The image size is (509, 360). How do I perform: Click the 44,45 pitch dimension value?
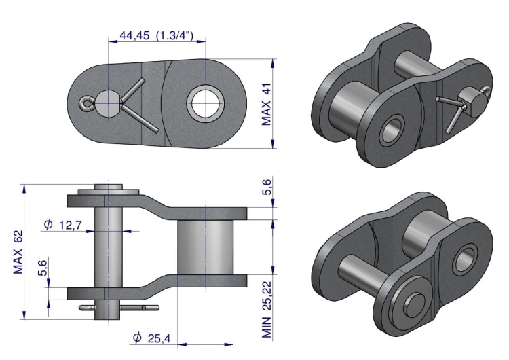click(x=135, y=35)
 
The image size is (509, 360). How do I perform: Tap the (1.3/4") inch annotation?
click(x=174, y=35)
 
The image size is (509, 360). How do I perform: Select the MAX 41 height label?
click(x=266, y=104)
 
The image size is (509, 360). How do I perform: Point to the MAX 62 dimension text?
click(x=18, y=252)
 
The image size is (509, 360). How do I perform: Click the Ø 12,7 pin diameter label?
click(x=63, y=225)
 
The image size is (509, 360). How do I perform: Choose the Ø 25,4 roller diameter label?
click(x=151, y=338)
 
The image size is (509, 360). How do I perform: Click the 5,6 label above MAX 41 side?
click(x=267, y=187)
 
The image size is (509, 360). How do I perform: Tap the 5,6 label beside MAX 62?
click(x=43, y=268)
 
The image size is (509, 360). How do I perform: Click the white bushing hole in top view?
click(x=205, y=103)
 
